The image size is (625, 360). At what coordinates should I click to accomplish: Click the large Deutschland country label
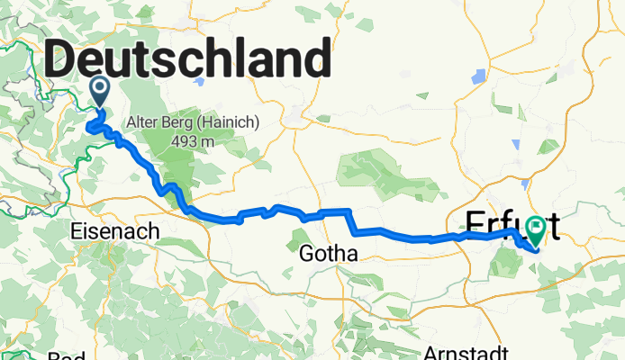tap(186, 60)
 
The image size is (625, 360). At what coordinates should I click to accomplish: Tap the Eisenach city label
tap(114, 231)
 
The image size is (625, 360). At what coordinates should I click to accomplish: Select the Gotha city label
tap(329, 255)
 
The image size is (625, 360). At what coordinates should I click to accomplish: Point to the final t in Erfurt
tap(552, 224)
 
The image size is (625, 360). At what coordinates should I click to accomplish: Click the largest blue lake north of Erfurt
tap(480, 77)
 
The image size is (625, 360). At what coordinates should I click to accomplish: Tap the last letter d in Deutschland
tap(312, 60)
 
